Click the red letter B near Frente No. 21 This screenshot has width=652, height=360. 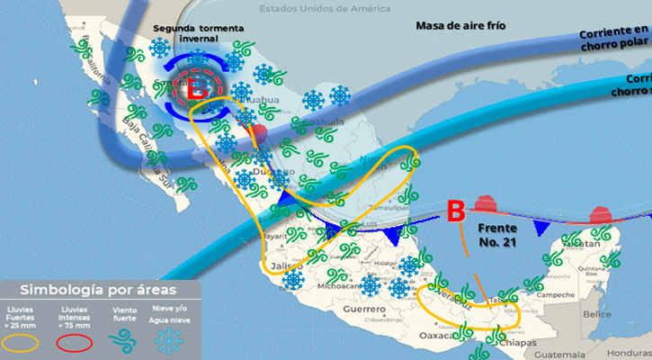[x=456, y=212]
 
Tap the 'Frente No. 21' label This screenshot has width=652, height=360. [x=498, y=236]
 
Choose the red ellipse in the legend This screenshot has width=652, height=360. [x=74, y=341]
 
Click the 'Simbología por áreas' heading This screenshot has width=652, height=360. [x=98, y=290]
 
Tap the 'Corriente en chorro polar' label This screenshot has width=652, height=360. [x=614, y=38]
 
